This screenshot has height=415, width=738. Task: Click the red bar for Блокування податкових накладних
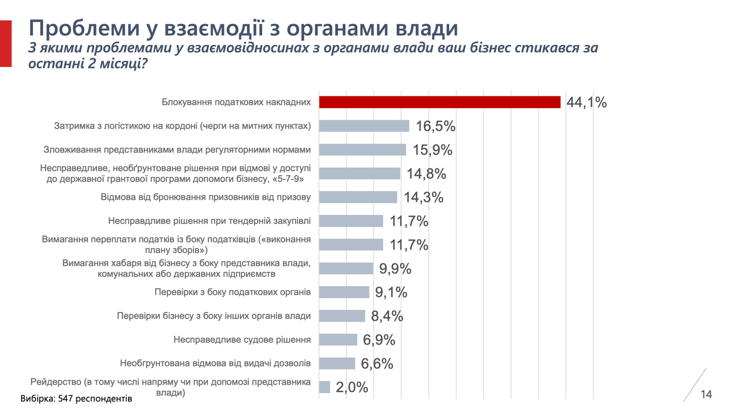[439, 102]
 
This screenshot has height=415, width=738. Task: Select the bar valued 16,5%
[364, 126]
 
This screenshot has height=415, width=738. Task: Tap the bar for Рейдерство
[325, 387]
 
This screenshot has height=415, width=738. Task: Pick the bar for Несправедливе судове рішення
[338, 340]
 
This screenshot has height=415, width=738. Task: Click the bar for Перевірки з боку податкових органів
[344, 292]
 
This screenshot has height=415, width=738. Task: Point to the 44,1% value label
[586, 102]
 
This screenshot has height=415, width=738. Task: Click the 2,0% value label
[352, 387]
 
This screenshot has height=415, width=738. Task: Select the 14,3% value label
[423, 197]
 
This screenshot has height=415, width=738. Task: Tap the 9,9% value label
[395, 269]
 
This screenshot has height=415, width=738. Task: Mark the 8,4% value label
[387, 316]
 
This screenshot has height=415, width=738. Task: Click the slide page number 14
[706, 394]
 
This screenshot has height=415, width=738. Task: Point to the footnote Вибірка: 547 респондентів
[76, 399]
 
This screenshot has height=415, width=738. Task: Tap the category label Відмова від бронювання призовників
[205, 197]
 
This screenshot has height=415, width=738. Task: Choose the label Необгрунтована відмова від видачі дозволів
[215, 363]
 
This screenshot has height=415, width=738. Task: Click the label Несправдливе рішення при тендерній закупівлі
[210, 221]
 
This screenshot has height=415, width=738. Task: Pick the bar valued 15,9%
[362, 150]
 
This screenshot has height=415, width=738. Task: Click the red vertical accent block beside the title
[5, 44]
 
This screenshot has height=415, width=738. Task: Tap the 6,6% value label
[377, 363]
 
